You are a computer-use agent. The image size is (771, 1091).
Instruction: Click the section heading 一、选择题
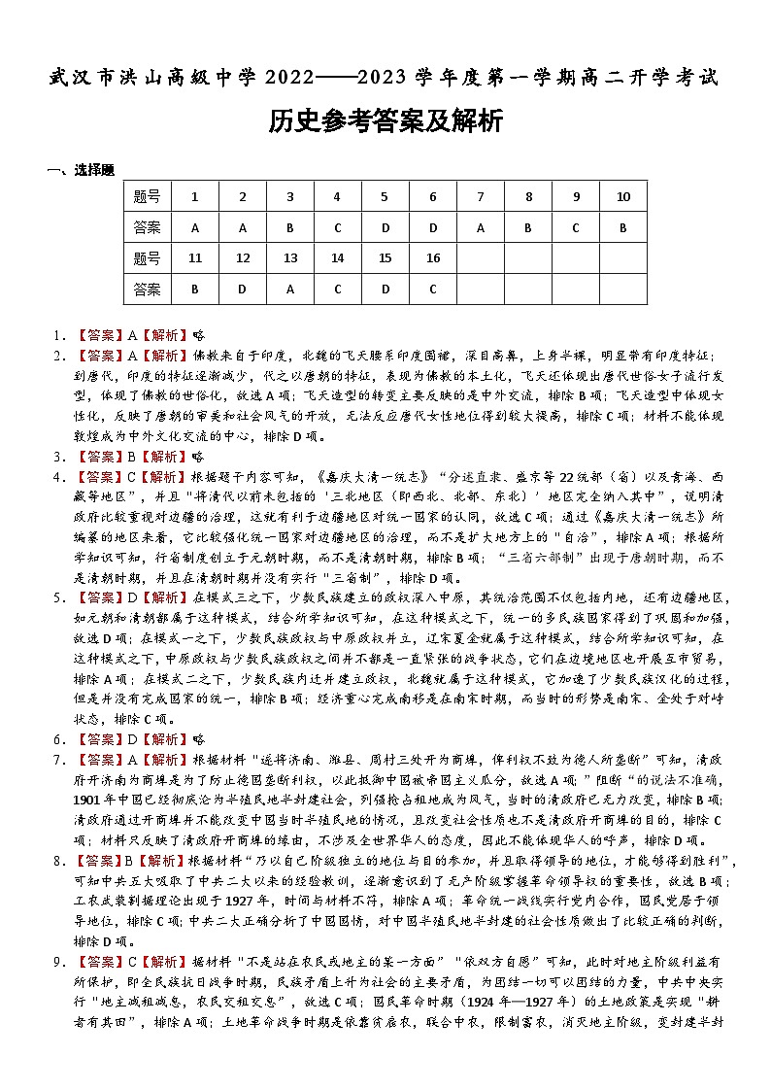click(x=81, y=170)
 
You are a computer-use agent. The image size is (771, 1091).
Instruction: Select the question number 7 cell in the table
click(x=480, y=197)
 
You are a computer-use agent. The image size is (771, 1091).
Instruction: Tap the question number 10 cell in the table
click(x=622, y=197)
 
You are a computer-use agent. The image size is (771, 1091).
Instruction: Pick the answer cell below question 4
click(x=337, y=228)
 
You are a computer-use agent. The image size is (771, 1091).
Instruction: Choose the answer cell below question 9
click(x=575, y=228)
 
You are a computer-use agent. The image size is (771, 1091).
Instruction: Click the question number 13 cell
click(x=289, y=258)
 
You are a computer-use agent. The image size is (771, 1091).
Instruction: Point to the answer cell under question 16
click(x=432, y=290)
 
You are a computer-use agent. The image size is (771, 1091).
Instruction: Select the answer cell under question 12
click(x=242, y=290)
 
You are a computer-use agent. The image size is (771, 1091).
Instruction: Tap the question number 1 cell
click(x=194, y=197)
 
